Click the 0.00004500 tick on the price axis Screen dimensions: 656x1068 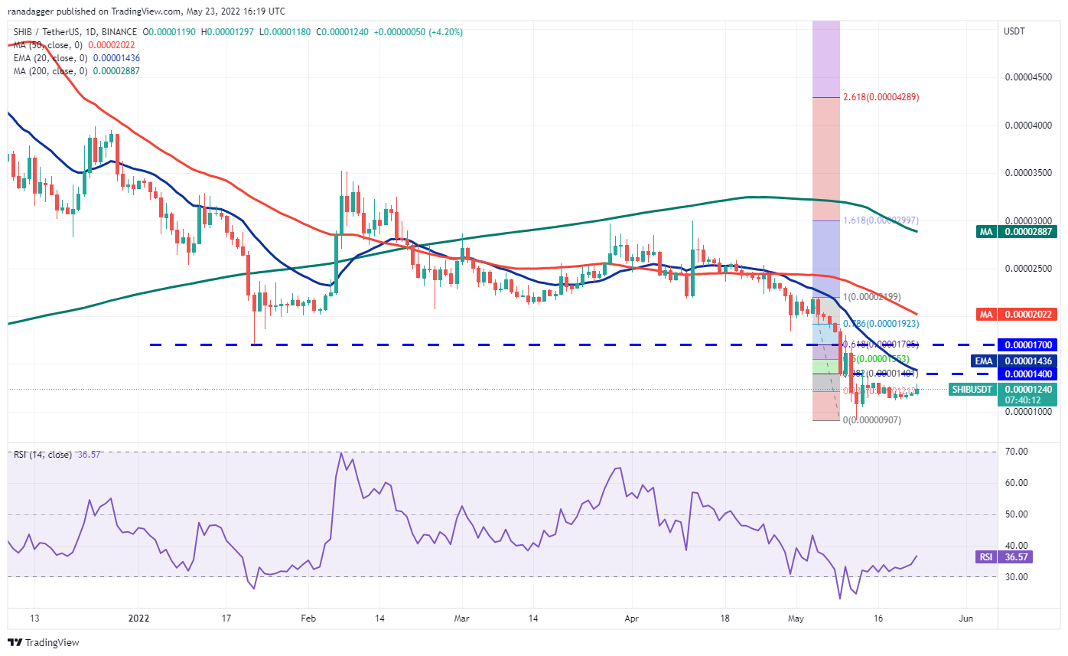point(1027,77)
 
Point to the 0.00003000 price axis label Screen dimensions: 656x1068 point(1027,220)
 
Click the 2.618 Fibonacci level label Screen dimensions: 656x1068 point(881,97)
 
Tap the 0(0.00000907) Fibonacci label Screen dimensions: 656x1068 point(871,420)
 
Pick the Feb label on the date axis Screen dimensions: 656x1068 point(308,618)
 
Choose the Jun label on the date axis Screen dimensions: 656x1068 point(966,618)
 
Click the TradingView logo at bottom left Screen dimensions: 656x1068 point(44,642)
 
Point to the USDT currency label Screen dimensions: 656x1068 point(1014,31)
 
